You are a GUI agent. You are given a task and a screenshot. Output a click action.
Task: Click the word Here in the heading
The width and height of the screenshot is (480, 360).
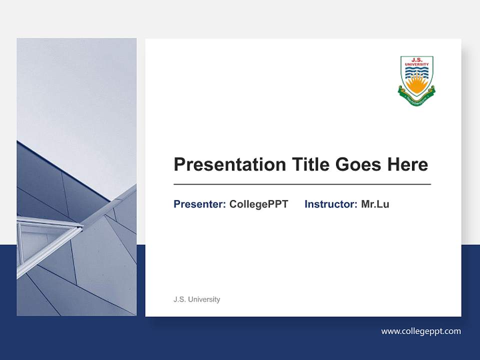pyautogui.click(x=407, y=164)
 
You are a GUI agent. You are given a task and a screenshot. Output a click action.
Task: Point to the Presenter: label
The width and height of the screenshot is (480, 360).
pyautogui.click(x=199, y=204)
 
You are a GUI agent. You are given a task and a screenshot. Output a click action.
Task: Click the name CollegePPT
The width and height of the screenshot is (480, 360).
pyautogui.click(x=258, y=204)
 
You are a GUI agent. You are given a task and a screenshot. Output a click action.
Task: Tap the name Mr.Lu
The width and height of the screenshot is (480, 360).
pyautogui.click(x=375, y=204)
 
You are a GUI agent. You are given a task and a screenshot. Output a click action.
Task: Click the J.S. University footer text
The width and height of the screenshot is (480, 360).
pyautogui.click(x=196, y=299)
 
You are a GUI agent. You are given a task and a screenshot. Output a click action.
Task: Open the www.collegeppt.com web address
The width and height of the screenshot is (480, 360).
pyautogui.click(x=421, y=331)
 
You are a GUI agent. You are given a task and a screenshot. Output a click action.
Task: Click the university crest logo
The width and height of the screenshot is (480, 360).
pyautogui.click(x=416, y=80)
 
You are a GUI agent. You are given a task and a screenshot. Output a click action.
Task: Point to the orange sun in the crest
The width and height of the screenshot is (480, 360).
pyautogui.click(x=416, y=86)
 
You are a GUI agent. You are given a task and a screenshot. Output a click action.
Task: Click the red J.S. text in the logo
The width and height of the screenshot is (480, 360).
pyautogui.click(x=416, y=59)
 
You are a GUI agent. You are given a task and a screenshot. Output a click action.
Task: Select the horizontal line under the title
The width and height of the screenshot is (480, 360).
pyautogui.click(x=302, y=184)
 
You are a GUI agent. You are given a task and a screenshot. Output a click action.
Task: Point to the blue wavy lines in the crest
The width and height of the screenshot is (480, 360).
pyautogui.click(x=416, y=73)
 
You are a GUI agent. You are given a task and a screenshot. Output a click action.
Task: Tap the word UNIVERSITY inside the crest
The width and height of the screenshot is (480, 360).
pyautogui.click(x=416, y=64)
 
